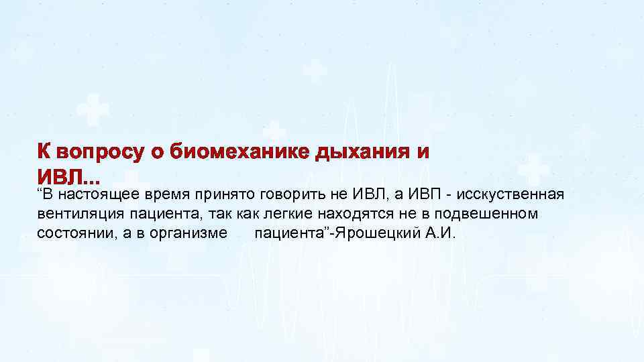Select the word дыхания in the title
366,152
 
